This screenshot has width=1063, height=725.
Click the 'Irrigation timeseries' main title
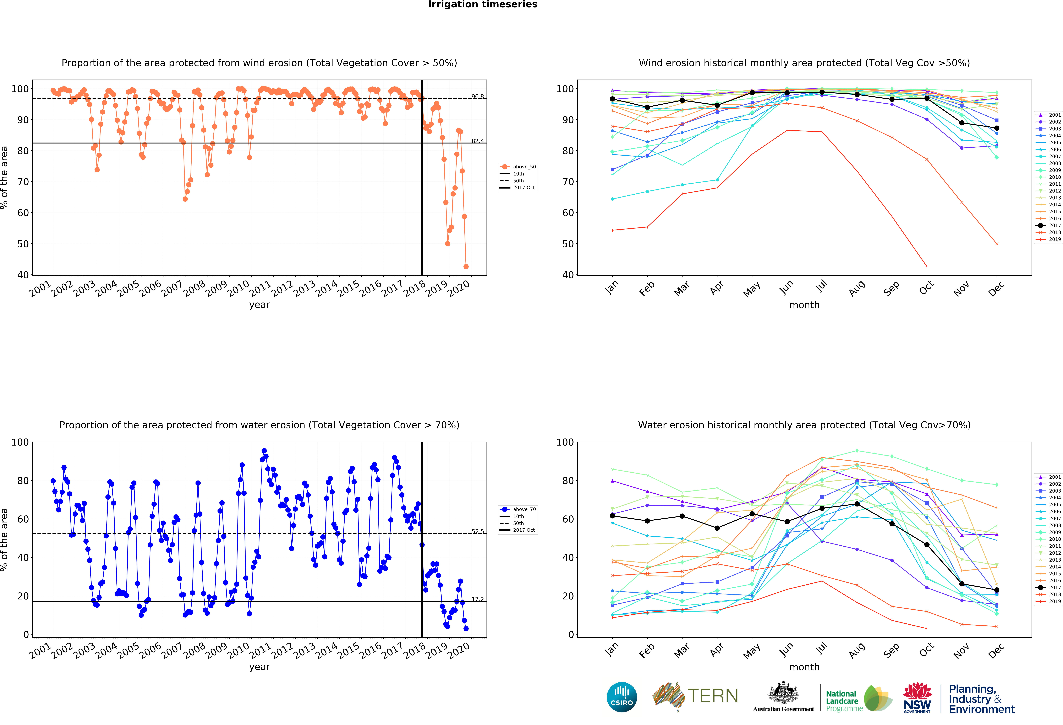[x=483, y=5]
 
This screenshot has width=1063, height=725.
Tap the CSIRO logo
[x=622, y=697]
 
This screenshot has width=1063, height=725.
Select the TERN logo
[x=695, y=696]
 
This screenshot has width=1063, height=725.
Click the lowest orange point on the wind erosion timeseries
[x=466, y=266]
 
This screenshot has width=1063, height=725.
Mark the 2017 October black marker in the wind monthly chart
[x=927, y=98]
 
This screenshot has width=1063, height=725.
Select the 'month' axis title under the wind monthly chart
[x=804, y=305]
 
